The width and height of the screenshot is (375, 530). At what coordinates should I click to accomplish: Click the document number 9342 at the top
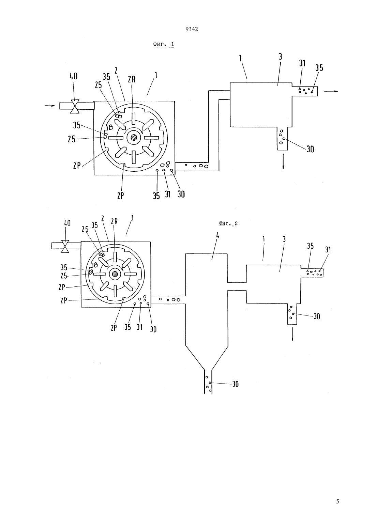click(192, 29)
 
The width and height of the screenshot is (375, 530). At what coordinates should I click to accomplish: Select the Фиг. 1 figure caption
click(164, 44)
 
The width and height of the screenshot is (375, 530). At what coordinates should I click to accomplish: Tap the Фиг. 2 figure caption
click(228, 223)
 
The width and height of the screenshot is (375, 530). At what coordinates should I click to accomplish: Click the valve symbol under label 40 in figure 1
click(75, 107)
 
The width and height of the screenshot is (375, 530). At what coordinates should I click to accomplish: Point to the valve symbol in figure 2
click(65, 246)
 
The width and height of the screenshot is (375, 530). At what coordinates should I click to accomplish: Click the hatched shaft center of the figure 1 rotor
click(134, 138)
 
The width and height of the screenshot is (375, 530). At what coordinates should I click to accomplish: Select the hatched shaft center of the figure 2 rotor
click(115, 274)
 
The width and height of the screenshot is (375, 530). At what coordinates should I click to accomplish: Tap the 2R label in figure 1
click(132, 79)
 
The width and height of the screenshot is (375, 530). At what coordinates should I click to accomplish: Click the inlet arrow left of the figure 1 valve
click(50, 106)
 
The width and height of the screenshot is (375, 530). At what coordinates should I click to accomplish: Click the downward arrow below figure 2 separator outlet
click(292, 333)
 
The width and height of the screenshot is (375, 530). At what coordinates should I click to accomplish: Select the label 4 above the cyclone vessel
click(217, 235)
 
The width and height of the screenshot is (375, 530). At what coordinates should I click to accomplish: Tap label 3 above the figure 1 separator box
click(280, 57)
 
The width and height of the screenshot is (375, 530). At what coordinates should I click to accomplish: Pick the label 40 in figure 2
click(67, 223)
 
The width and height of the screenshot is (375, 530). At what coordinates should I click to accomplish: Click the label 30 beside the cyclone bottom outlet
click(235, 384)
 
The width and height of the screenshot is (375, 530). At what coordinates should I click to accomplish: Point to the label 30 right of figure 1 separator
click(310, 149)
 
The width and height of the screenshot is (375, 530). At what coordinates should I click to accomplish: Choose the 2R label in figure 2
click(114, 221)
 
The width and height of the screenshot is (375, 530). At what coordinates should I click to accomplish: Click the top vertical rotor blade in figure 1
click(134, 119)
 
